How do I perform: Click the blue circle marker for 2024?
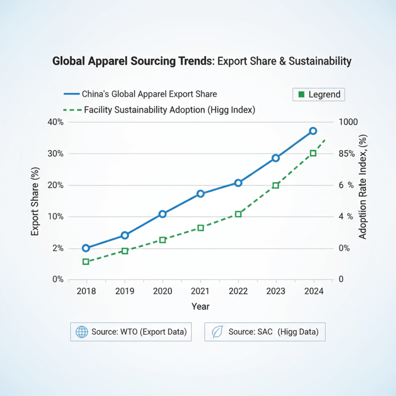[313, 131]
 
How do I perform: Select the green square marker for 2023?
[276, 186]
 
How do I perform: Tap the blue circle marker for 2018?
[86, 248]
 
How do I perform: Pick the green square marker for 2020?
[162, 240]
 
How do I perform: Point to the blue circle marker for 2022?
[238, 183]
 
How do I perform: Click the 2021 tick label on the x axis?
[200, 291]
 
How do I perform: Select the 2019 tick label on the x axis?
[124, 291]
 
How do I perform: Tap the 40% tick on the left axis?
[55, 122]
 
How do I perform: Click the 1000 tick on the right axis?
[348, 122]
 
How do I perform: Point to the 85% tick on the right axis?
[346, 154]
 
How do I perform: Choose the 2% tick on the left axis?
[58, 248]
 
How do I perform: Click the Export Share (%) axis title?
[35, 201]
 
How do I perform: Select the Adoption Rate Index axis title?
[363, 187]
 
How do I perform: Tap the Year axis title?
[200, 307]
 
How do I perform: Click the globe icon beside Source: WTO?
[82, 332]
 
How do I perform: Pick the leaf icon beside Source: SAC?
[217, 332]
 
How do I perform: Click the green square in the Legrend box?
[301, 94]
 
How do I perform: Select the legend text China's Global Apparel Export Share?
[149, 94]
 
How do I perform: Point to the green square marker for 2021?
[200, 227]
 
